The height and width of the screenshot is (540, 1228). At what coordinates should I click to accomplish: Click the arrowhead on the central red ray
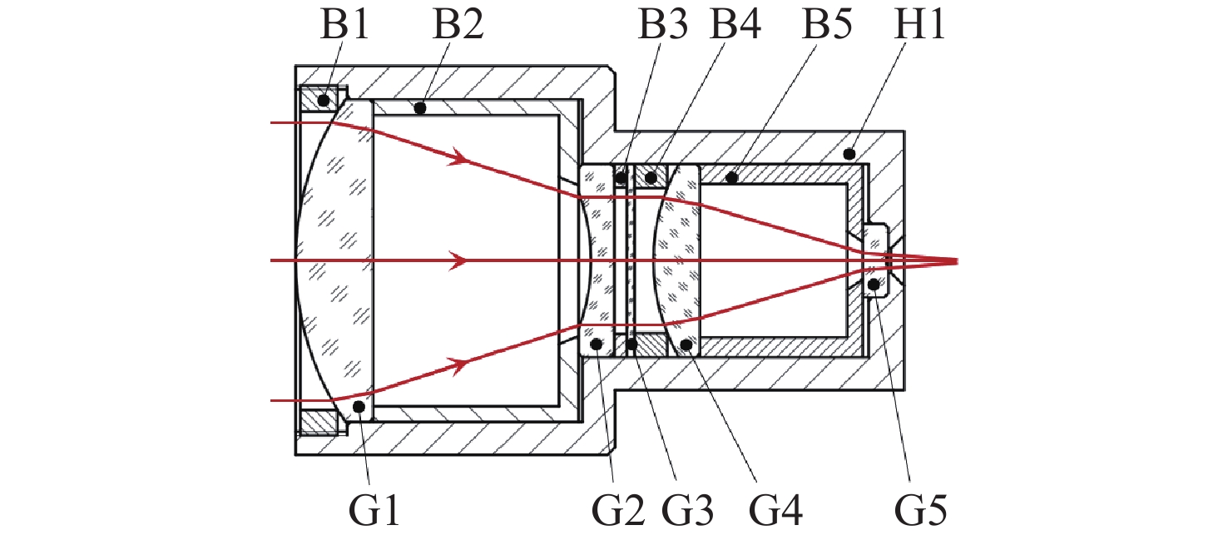pos(457,261)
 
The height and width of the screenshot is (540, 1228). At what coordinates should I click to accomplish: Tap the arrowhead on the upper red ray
pos(457,157)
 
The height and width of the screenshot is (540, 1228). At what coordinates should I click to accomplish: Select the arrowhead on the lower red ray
pos(457,364)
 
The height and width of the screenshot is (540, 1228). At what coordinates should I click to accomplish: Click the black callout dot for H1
pos(849,154)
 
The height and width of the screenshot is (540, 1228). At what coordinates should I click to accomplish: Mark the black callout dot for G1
pos(359,407)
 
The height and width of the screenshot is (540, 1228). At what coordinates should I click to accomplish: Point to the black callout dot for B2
pos(420,107)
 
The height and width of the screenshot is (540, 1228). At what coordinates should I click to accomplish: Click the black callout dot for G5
pos(874,285)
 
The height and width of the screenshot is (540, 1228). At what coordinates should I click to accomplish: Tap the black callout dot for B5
pos(731,176)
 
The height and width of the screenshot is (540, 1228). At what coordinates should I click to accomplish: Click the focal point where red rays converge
pos(957,261)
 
